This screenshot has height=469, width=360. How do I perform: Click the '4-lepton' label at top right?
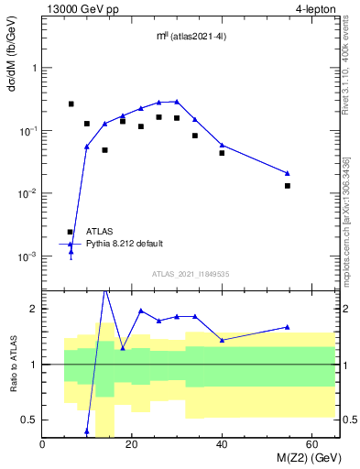click(316, 8)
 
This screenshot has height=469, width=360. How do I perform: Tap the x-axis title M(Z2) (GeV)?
click(301, 457)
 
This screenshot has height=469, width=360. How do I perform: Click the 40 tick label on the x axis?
click(222, 444)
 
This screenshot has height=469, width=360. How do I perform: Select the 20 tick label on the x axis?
click(132, 444)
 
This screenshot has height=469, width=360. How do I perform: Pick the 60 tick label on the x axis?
click(311, 444)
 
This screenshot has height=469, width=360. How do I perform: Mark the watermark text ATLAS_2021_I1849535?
click(191, 273)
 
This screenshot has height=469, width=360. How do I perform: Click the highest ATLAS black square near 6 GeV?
click(71, 104)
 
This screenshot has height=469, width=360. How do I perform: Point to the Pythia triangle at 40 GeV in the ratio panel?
click(222, 340)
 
